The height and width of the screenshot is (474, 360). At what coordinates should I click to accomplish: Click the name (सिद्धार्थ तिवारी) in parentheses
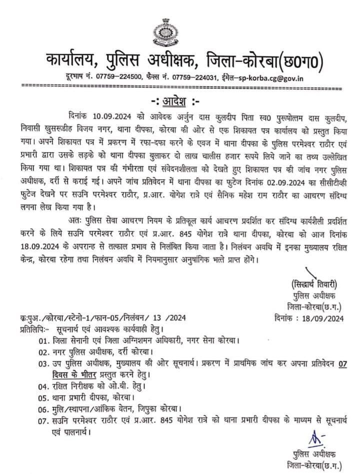310,281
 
